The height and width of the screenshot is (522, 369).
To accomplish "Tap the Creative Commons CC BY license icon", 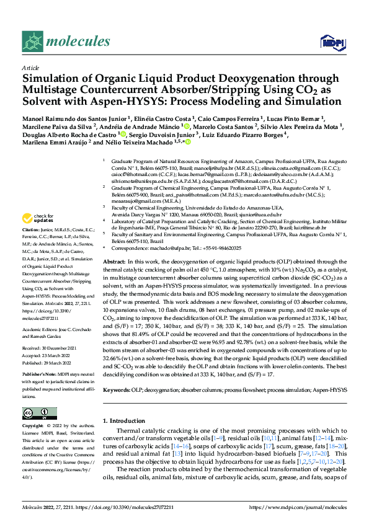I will (37, 414).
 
